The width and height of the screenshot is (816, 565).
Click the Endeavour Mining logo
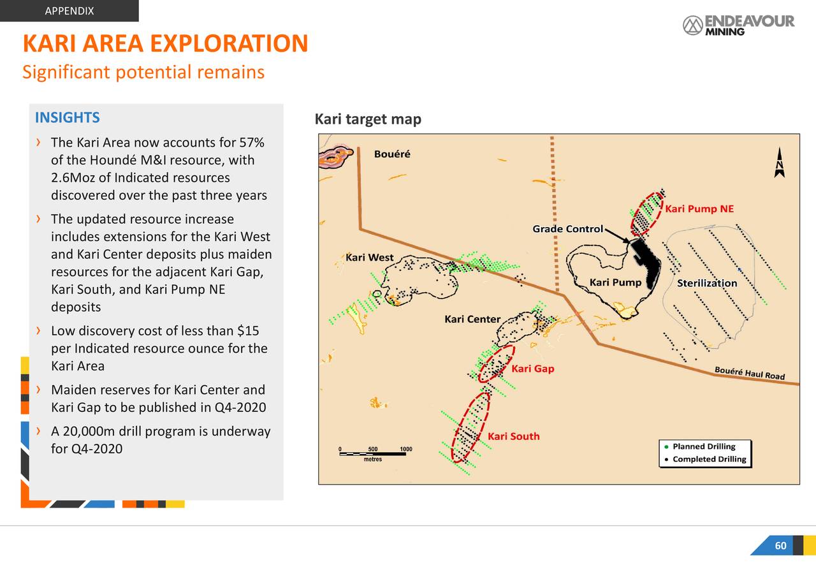click(738, 25)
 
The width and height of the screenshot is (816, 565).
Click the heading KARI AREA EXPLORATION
click(165, 43)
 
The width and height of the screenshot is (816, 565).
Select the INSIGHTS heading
click(67, 117)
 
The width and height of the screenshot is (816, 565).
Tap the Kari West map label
click(370, 258)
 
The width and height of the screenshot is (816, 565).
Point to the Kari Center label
click(472, 319)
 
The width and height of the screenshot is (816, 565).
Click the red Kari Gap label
click(533, 369)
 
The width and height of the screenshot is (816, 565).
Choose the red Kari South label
click(513, 436)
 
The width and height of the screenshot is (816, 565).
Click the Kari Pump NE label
click(699, 209)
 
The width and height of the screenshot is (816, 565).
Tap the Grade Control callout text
click(567, 229)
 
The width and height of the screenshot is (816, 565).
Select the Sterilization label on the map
click(707, 283)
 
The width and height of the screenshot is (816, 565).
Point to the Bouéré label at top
click(392, 154)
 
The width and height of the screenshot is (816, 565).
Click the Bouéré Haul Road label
click(749, 373)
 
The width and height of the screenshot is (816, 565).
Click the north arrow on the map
click(779, 163)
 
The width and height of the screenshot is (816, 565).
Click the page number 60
click(780, 546)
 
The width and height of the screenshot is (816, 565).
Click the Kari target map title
click(368, 120)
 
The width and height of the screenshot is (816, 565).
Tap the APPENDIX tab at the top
click(69, 11)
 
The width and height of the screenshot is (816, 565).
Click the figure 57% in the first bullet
click(251, 142)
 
